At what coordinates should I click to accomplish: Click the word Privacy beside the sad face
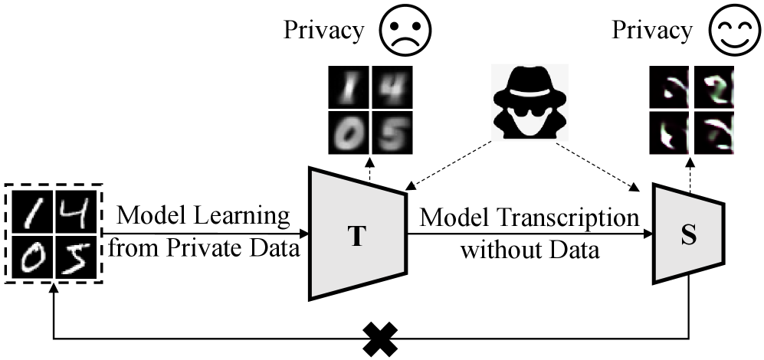pos(324,31)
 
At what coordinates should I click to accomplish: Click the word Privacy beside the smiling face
pos(652,31)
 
